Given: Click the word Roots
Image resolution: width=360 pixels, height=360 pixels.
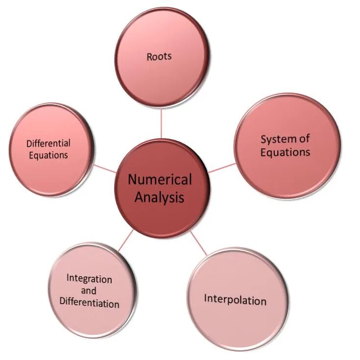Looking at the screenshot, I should [x=159, y=56].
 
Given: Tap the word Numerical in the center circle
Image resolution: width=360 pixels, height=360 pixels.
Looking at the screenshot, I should [x=160, y=180].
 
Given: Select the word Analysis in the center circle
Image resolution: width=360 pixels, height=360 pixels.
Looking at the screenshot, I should [x=160, y=197].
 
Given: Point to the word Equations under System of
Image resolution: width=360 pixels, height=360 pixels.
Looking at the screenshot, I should [x=285, y=152].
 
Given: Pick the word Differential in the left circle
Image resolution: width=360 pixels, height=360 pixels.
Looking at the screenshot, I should [x=48, y=144].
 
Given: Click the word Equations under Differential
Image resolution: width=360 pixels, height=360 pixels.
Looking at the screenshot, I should [x=48, y=155].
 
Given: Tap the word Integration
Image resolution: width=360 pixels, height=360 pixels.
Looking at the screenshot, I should [x=89, y=279].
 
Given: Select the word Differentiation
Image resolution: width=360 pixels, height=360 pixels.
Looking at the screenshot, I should [x=89, y=303].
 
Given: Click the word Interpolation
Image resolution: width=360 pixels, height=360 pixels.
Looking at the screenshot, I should [x=235, y=299].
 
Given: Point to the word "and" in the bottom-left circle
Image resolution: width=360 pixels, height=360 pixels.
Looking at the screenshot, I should [x=89, y=291].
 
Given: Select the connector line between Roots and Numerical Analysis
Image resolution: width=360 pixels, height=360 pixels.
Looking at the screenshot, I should [x=161, y=124].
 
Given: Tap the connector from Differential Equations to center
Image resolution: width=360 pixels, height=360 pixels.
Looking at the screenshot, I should [x=105, y=168].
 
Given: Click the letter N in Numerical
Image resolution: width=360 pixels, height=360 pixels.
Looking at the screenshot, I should [x=132, y=180].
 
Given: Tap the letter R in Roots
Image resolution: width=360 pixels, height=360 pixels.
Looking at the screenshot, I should [x=149, y=56].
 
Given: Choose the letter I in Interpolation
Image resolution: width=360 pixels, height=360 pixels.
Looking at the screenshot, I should [x=206, y=298].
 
